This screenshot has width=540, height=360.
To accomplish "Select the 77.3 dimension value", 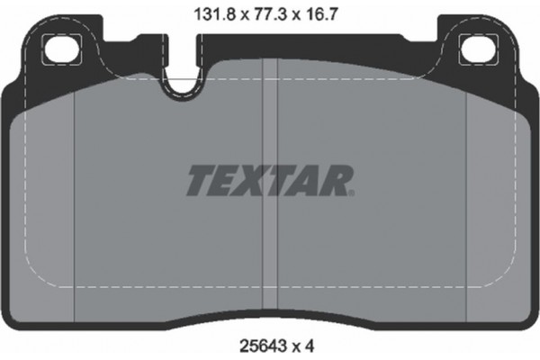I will coord(268,12).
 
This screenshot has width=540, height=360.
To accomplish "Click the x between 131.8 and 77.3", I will coord(241,13).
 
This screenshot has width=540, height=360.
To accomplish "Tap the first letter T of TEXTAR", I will coord(200,181).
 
